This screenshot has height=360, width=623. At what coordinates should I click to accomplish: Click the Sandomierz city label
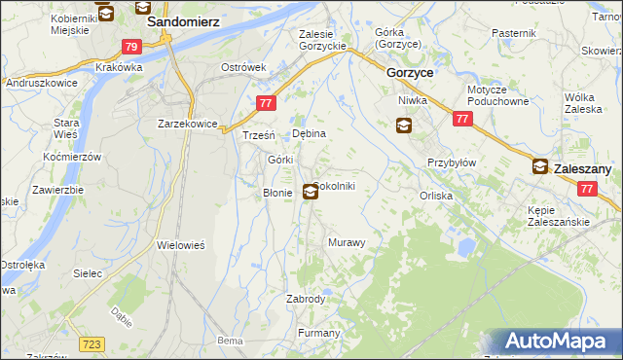[x=182, y=19]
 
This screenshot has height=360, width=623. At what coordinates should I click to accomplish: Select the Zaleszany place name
[x=582, y=168]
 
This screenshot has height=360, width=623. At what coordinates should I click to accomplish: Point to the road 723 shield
[x=92, y=344]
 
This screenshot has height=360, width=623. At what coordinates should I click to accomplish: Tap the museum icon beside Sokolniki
[x=310, y=192]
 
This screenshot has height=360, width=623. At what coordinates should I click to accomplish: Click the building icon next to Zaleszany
[x=539, y=167]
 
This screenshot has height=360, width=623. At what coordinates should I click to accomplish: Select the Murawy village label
[x=347, y=241]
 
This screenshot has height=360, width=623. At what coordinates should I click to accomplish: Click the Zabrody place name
[x=306, y=299]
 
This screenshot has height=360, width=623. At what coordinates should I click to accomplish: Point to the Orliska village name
[x=436, y=196]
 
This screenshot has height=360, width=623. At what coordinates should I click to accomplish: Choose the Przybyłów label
[x=451, y=162]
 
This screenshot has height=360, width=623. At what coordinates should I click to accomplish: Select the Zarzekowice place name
[x=187, y=124]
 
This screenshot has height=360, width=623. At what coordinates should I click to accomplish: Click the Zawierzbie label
[x=54, y=189]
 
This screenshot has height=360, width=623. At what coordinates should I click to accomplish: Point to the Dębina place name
[x=309, y=133]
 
